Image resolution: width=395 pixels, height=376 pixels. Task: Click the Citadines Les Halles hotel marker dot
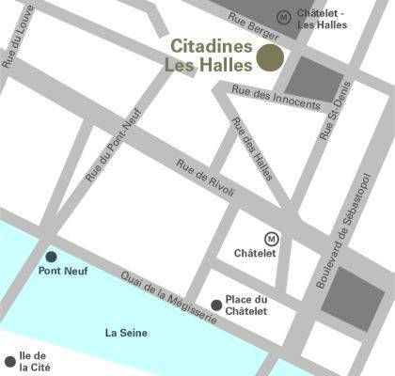point(270,57)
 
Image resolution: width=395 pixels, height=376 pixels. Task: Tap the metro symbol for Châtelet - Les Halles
point(284,16)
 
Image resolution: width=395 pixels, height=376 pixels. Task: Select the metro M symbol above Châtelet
point(272,238)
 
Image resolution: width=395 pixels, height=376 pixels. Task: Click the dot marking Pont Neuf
point(51,256)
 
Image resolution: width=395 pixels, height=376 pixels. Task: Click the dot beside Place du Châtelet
point(216,305)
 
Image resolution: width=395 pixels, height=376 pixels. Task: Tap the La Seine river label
point(125,333)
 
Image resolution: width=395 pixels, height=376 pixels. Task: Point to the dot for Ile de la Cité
point(10,360)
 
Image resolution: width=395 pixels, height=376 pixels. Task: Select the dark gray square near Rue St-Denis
point(311,79)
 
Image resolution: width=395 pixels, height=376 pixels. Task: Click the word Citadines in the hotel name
point(212,45)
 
